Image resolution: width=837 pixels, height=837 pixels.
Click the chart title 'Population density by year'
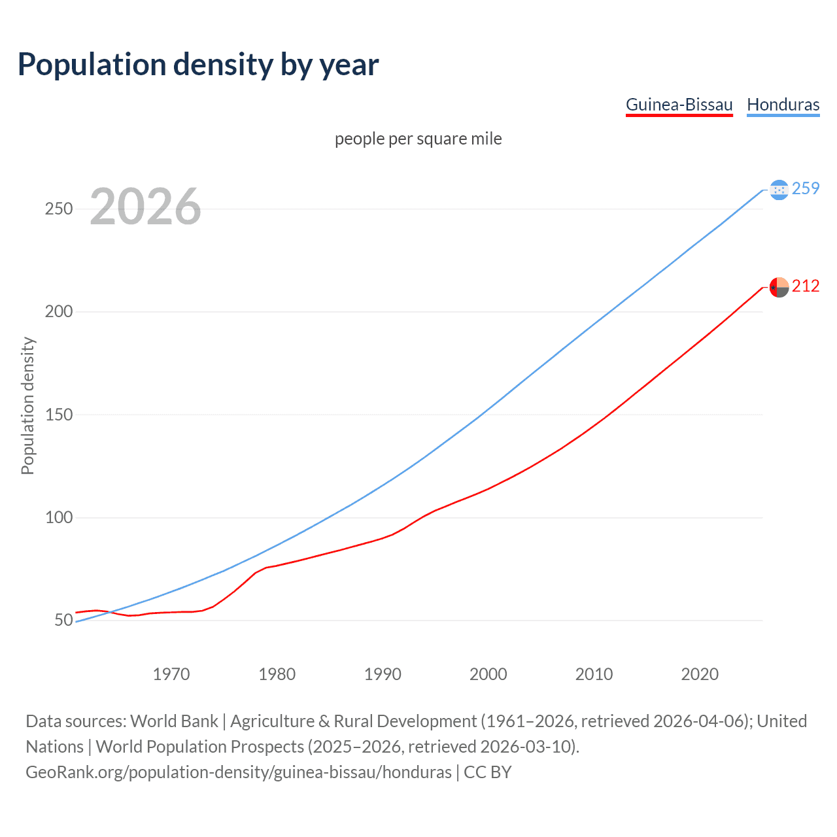tap(198, 65)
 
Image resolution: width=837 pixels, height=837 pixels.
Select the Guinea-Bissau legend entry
tap(679, 105)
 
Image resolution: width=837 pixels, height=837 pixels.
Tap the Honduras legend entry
tap(783, 105)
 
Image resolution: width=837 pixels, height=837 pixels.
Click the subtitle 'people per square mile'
tap(418, 139)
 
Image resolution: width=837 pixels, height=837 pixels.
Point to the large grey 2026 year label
tap(145, 207)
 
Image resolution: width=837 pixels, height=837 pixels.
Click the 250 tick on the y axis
tap(58, 209)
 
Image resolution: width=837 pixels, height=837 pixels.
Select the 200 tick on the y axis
tap(58, 312)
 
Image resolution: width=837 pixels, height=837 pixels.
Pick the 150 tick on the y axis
tap(58, 415)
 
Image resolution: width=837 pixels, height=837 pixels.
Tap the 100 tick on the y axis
tap(58, 517)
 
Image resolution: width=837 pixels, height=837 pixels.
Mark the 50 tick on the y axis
tap(63, 620)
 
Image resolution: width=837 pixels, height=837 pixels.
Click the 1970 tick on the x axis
tap(171, 674)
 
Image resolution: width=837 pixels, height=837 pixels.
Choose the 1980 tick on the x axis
tap(277, 674)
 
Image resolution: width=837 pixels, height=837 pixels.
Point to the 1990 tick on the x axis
tap(383, 674)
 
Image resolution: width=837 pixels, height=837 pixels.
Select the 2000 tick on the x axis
tap(488, 674)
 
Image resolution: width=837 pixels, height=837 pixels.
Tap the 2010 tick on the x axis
tap(594, 674)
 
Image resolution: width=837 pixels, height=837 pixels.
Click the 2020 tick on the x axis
tap(700, 674)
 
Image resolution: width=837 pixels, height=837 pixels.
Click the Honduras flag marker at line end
tap(779, 190)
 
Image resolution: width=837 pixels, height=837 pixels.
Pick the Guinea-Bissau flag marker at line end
tap(779, 287)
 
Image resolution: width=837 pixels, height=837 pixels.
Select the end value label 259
tap(806, 189)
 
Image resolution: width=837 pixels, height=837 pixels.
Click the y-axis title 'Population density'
tap(27, 405)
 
